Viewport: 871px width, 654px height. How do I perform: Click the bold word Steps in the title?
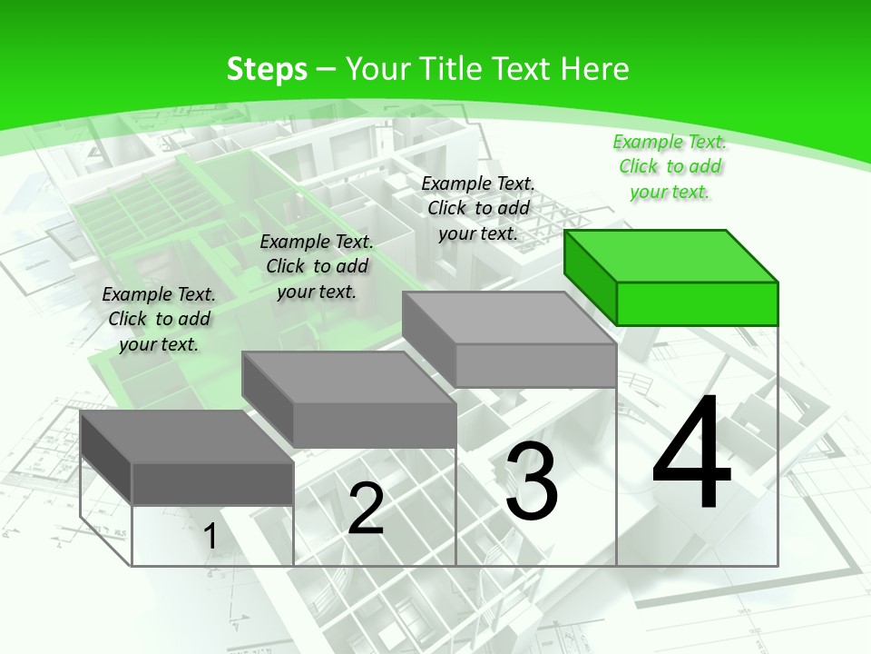pyautogui.click(x=267, y=69)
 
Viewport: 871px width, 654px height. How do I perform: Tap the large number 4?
pyautogui.click(x=691, y=454)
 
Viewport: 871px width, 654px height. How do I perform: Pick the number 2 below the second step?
pyautogui.click(x=366, y=509)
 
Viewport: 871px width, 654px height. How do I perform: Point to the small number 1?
pyautogui.click(x=210, y=537)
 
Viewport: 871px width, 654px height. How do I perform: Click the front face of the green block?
pyautogui.click(x=697, y=303)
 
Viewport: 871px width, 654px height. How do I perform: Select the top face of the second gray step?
pyautogui.click(x=348, y=377)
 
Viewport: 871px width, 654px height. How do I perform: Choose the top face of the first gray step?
pyautogui.click(x=187, y=437)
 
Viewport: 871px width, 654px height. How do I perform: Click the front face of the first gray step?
pyautogui.click(x=212, y=483)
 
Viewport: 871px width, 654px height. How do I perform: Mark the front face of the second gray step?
pyautogui.click(x=374, y=424)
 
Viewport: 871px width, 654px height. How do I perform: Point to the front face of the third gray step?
pyautogui.click(x=535, y=365)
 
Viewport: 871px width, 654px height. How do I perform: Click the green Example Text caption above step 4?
pyautogui.click(x=670, y=166)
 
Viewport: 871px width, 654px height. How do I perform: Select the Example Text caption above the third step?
pyautogui.click(x=478, y=208)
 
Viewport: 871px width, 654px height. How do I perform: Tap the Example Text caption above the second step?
pyautogui.click(x=317, y=266)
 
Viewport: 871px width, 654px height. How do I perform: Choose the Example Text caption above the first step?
pyautogui.click(x=159, y=319)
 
